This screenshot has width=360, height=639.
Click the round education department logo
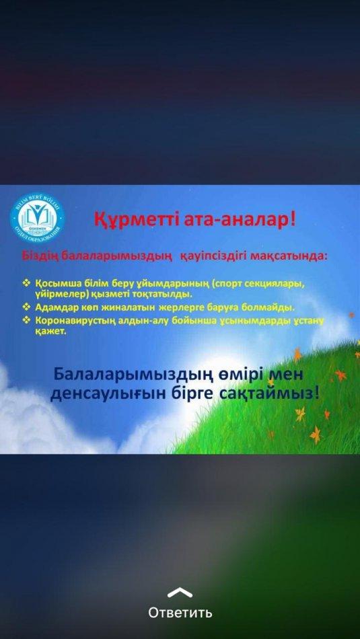tap(37, 217)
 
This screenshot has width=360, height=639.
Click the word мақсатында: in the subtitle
tap(288, 256)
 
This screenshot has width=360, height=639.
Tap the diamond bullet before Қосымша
tap(28, 283)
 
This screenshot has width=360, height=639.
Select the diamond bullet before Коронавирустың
tap(28, 321)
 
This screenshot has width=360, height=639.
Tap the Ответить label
tap(180, 613)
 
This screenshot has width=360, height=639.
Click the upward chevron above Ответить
tap(180, 592)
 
